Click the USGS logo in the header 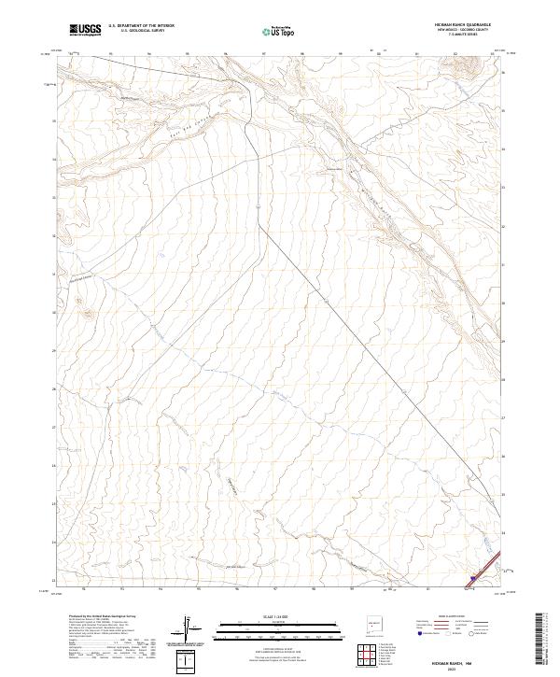pos(85,30)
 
